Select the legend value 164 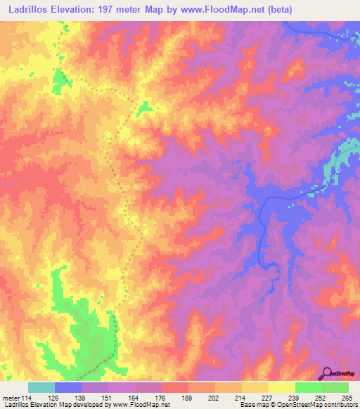pos(136,397)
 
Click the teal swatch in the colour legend pos(41,387)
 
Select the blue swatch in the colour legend pos(68,387)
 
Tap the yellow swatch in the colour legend pos(255,387)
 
